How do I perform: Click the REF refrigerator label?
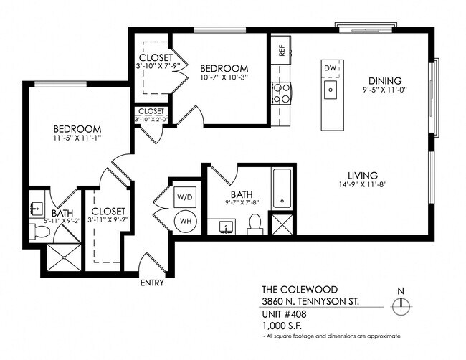(x=281, y=51)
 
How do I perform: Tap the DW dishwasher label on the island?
(x=331, y=68)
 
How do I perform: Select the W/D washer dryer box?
(x=184, y=195)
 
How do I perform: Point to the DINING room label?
(x=384, y=81)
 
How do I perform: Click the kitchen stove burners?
(x=281, y=93)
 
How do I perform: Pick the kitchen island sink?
(x=331, y=90)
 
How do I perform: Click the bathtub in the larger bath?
(x=281, y=188)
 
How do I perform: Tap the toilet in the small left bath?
(x=40, y=232)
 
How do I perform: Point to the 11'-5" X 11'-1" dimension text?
(x=77, y=136)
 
